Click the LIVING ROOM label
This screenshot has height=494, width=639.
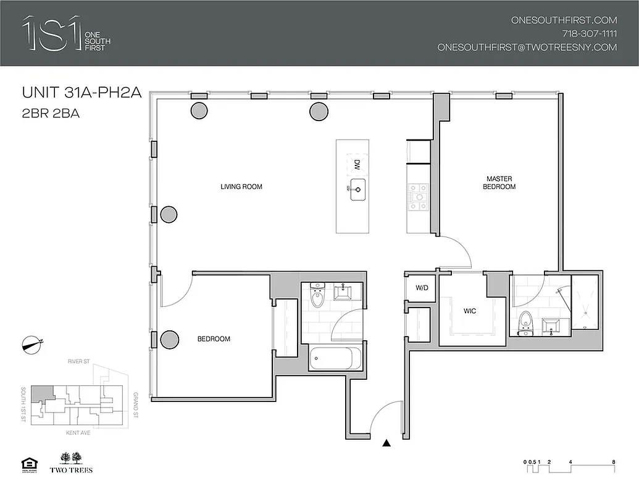click(241, 186)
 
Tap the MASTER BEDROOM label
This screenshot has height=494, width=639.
click(499, 183)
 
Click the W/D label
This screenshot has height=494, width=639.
click(422, 288)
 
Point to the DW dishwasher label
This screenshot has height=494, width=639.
click(356, 165)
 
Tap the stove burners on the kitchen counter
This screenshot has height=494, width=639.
click(416, 198)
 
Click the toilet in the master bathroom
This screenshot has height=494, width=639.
click(526, 322)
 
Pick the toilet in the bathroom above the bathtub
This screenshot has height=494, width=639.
click(317, 296)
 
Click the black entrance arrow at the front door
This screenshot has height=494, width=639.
click(386, 443)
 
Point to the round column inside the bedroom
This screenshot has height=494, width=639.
click(169, 339)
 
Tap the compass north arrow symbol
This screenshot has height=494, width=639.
click(31, 345)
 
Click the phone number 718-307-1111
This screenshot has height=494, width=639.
click(589, 33)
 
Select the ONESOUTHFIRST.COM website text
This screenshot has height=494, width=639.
click(564, 20)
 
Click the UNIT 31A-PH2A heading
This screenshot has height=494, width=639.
click(82, 93)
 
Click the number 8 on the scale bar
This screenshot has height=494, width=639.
click(613, 462)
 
